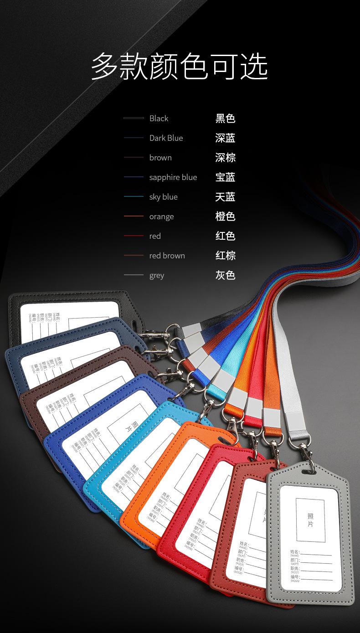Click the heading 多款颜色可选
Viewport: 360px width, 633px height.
pyautogui.click(x=180, y=67)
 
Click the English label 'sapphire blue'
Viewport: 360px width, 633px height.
pyautogui.click(x=173, y=177)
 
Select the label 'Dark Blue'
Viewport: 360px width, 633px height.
pyautogui.click(x=166, y=138)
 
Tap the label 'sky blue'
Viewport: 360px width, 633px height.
pyautogui.click(x=163, y=197)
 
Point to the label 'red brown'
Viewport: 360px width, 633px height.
pyautogui.click(x=167, y=256)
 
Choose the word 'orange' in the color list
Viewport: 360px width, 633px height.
pyautogui.click(x=161, y=216)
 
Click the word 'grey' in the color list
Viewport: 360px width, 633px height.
pyautogui.click(x=156, y=275)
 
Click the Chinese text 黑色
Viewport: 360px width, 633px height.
pyautogui.click(x=225, y=118)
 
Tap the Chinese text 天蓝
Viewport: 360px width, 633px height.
pyautogui.click(x=225, y=197)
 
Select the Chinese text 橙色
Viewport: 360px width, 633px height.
pyautogui.click(x=225, y=216)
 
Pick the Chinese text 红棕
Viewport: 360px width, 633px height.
pyautogui.click(x=225, y=256)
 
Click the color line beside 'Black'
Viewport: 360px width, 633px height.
pyautogui.click(x=134, y=118)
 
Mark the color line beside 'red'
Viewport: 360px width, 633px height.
pyautogui.click(x=134, y=236)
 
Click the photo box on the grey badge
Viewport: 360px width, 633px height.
pyautogui.click(x=310, y=520)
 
